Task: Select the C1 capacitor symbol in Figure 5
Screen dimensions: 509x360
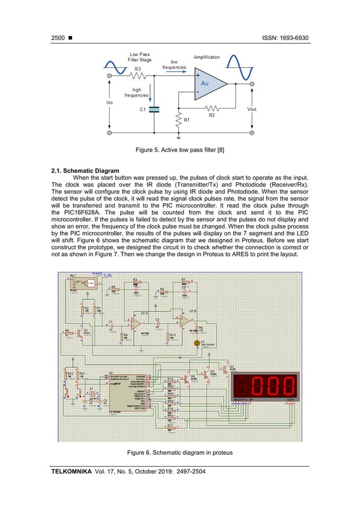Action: tap(154, 109)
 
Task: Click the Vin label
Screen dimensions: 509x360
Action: tap(109, 103)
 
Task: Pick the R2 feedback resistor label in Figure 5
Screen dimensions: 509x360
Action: tap(212, 115)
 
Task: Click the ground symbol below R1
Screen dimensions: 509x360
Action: tap(178, 137)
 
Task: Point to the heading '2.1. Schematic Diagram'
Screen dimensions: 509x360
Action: tap(85, 171)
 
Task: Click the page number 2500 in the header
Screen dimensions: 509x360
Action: tap(58, 38)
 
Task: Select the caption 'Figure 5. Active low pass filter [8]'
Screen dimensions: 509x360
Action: tap(180, 151)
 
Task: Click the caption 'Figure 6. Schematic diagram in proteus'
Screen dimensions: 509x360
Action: tap(180, 453)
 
